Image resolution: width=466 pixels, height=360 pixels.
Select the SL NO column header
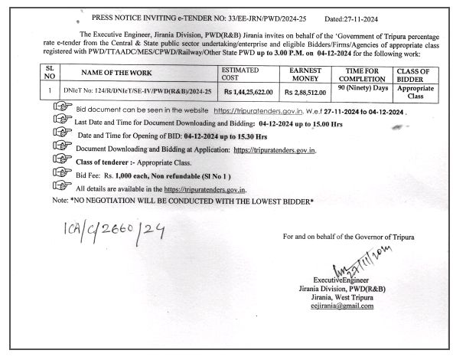click(49, 72)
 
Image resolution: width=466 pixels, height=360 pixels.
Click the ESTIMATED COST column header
click(240, 72)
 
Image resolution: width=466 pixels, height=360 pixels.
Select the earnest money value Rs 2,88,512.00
click(305, 92)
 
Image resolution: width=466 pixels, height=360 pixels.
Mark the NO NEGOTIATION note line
click(187, 200)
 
